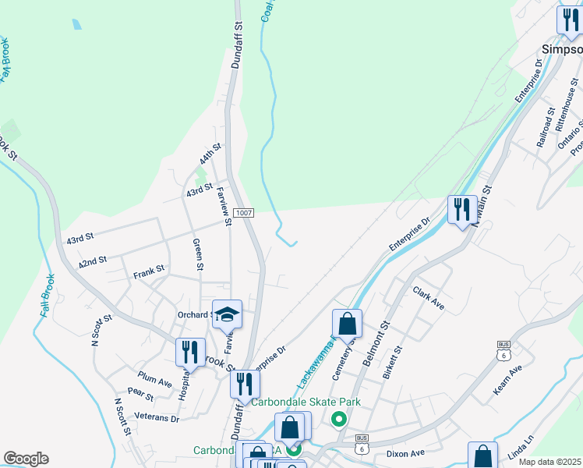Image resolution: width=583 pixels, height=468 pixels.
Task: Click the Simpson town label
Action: tap(561, 48)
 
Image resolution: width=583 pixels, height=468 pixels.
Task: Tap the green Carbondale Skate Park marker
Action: tap(338, 420)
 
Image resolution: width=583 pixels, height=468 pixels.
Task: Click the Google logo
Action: tap(26, 459)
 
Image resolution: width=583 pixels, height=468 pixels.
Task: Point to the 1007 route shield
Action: tap(244, 212)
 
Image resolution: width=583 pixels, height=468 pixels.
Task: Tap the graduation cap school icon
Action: tap(227, 314)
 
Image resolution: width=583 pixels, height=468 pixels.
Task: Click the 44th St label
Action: tap(210, 153)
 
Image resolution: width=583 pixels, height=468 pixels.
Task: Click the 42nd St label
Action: tap(92, 261)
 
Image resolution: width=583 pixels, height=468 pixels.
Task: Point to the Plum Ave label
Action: tap(154, 379)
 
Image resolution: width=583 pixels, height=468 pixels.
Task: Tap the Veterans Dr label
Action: tap(157, 418)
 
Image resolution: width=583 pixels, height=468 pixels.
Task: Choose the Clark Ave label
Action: tap(429, 299)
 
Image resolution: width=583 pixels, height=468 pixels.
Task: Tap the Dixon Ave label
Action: tap(405, 452)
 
